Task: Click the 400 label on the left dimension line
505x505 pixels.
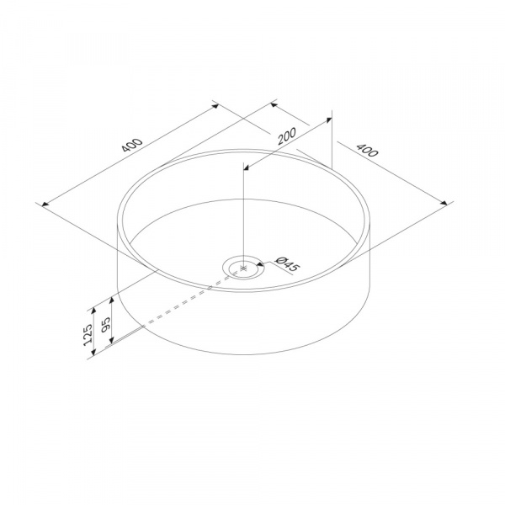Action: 132,145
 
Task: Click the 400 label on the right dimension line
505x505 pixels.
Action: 367,151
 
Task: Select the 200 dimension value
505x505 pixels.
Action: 286,136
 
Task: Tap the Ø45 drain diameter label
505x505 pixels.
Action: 287,263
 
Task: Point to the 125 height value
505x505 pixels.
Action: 88,335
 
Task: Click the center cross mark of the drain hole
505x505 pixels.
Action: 243,268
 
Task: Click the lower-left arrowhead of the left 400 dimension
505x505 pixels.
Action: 45,205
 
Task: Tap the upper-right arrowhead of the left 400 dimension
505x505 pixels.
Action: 215,105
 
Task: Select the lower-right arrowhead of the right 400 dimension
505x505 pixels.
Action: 444,203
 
